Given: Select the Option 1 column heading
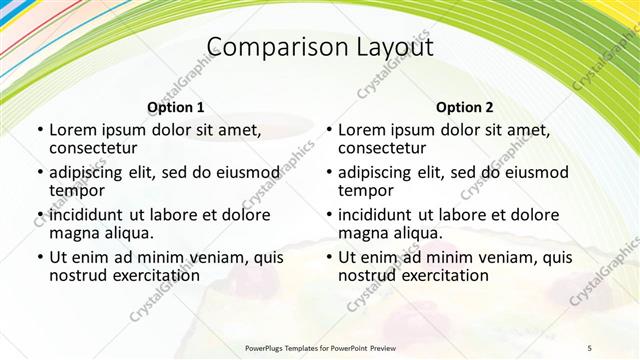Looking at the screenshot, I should click(176, 107).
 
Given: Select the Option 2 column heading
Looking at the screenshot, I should click(465, 107).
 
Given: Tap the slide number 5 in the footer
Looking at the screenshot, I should click(589, 347).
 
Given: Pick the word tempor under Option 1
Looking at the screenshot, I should click(77, 190).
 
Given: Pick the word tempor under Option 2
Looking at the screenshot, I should click(366, 190).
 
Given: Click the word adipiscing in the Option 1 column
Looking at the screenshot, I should click(91, 172).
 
